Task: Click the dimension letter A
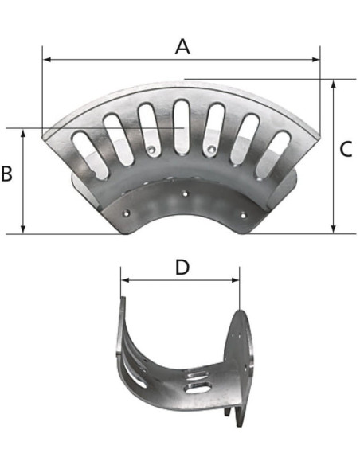pos(182,47)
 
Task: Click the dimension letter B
pos(6,174)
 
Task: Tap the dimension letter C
pos(346,149)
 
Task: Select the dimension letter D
pos(182,267)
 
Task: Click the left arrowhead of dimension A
pos(47,60)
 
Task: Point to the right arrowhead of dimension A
pos(316,60)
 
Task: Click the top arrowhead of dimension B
pos(23,133)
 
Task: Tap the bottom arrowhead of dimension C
pos(334,229)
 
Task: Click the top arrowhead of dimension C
pos(334,84)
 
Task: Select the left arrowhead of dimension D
pos(125,280)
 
